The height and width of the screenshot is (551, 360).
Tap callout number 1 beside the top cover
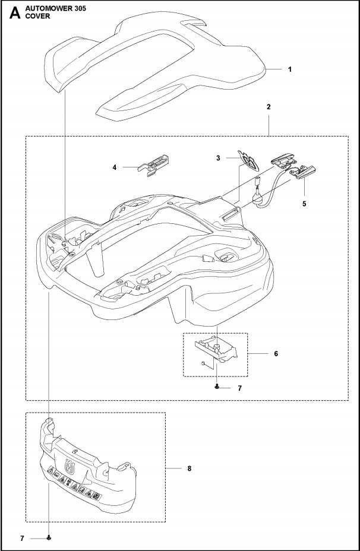coord(289,69)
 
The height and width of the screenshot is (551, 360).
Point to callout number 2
coord(269,107)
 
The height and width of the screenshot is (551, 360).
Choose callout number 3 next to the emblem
coord(219,158)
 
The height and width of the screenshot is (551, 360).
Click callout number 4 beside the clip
coord(114,168)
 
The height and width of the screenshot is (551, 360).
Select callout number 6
coord(275,353)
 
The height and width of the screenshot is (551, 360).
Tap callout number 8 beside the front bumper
coord(189,468)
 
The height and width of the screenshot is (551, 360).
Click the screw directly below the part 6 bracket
coord(218,387)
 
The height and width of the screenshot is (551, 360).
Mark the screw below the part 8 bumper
coord(49,538)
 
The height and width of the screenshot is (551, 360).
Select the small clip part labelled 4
coord(155,164)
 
